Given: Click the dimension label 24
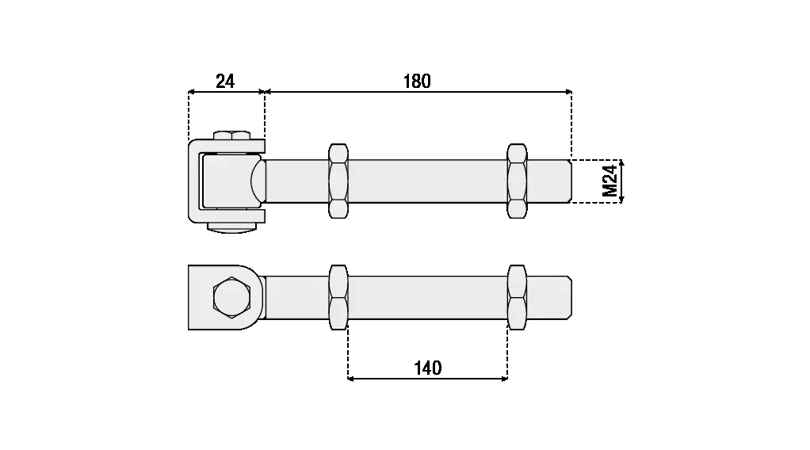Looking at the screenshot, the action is click(225, 81).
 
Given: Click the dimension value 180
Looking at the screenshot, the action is click(417, 81).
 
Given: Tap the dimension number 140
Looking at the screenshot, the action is click(428, 368).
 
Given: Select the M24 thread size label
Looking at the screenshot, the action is click(610, 181).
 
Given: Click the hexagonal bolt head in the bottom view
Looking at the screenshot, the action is click(232, 297).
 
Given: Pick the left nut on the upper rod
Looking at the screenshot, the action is click(338, 181).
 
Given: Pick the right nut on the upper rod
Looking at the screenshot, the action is click(517, 181).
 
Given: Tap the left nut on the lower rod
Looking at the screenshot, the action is click(338, 297).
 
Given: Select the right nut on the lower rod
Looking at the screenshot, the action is click(517, 297).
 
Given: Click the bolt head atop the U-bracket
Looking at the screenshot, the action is click(232, 135).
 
